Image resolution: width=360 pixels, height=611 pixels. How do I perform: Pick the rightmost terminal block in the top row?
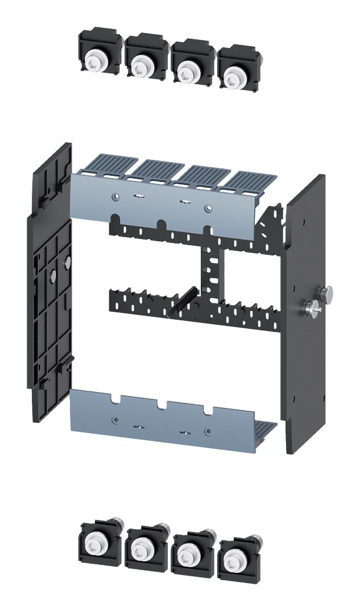pyautogui.click(x=238, y=68)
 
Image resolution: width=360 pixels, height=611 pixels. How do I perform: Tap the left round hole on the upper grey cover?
pyautogui.click(x=115, y=197)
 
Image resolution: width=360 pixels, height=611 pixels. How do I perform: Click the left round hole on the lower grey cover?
pyautogui.click(x=115, y=420)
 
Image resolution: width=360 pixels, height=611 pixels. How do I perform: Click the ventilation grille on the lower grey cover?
pyautogui.click(x=263, y=430)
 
